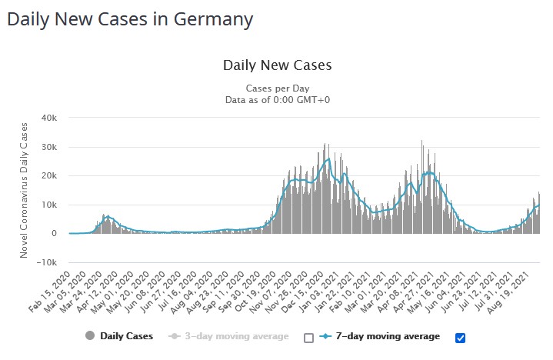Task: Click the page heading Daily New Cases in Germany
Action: pyautogui.click(x=130, y=18)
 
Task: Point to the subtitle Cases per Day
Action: pyautogui.click(x=277, y=88)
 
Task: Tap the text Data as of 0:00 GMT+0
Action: pyautogui.click(x=277, y=99)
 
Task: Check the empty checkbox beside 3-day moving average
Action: pyautogui.click(x=309, y=337)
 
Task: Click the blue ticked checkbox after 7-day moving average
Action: pyautogui.click(x=461, y=337)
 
